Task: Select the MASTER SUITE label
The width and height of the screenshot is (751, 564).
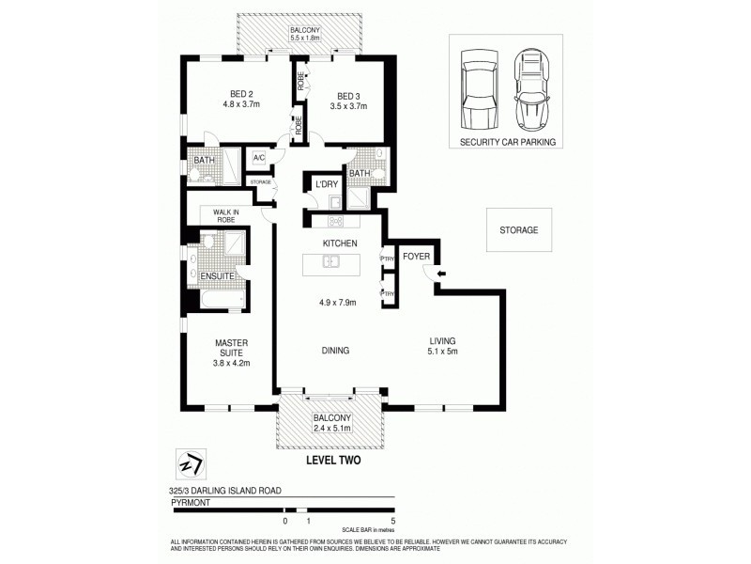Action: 231,348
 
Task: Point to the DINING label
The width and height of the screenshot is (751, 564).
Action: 335,351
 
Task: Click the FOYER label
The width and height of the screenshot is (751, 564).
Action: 416,256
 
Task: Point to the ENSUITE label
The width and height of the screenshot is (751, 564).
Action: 218,276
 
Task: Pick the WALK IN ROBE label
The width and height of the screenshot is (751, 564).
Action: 227,215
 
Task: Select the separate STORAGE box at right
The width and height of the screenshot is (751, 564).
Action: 517,230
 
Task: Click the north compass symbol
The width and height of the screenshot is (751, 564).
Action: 191,464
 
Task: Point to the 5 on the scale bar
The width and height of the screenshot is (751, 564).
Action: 394,520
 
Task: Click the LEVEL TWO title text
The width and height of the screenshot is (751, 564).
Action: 334,461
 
